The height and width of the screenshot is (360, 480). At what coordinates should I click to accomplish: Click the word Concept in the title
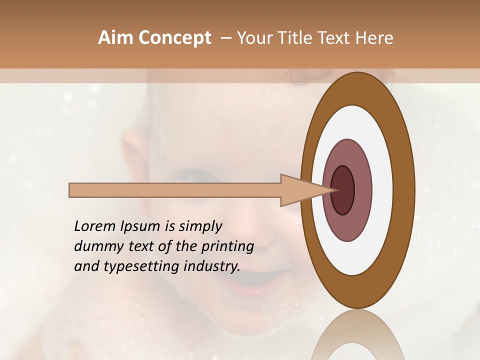pyautogui.click(x=174, y=38)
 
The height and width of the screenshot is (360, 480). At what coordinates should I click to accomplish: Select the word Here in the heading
pyautogui.click(x=374, y=38)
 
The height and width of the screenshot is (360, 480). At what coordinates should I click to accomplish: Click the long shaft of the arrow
pyautogui.click(x=175, y=190)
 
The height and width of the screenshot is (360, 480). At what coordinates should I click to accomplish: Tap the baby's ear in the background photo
pyautogui.click(x=131, y=150)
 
